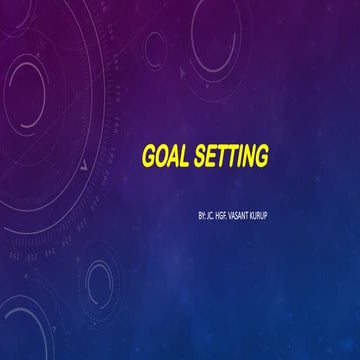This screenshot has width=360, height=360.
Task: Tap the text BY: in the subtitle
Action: pos(203,214)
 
